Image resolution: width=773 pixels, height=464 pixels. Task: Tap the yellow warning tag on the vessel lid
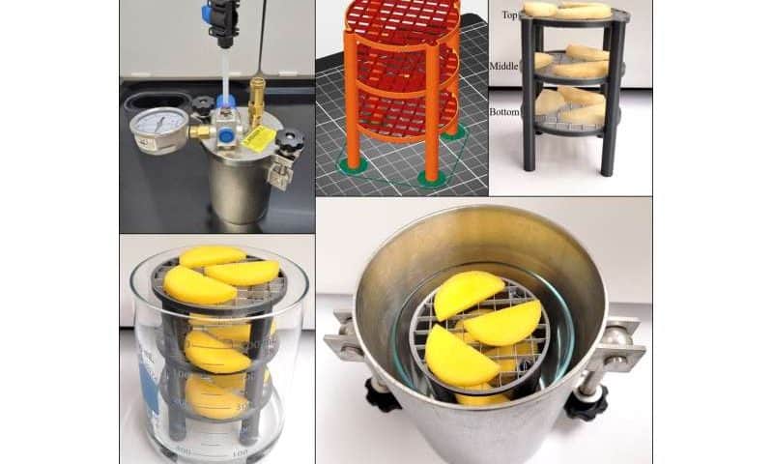click(259, 138)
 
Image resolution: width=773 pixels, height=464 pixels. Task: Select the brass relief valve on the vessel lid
click(256, 96)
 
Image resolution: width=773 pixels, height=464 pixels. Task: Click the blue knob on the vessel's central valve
click(225, 101)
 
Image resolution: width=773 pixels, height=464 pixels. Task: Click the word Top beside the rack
click(509, 14)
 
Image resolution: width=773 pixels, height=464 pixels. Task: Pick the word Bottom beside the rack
click(504, 112)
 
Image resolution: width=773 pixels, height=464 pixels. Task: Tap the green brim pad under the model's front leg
click(432, 179)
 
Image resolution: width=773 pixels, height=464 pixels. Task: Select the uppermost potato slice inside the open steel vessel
click(469, 293)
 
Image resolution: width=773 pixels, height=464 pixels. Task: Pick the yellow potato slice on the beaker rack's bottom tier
click(212, 396)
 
